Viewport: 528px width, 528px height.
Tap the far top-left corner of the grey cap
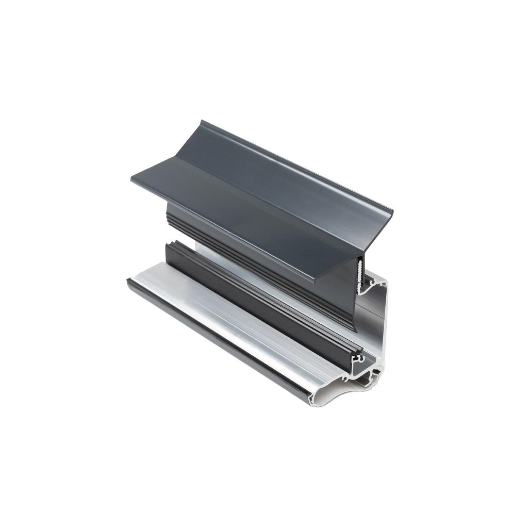pyautogui.click(x=202, y=122)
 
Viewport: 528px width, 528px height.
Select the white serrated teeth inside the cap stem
pyautogui.click(x=359, y=269)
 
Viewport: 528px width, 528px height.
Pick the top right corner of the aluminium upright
pyautogui.click(x=387, y=282)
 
